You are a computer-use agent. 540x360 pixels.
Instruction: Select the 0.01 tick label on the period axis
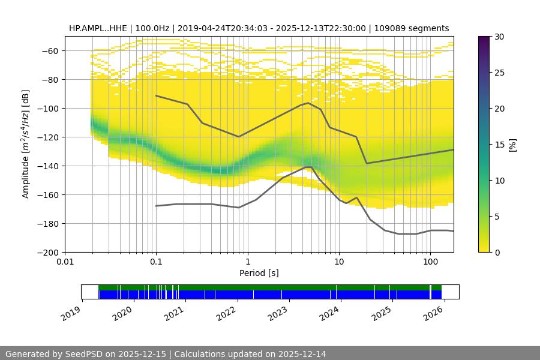click(65, 262)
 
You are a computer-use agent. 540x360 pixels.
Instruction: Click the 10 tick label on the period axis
click(339, 262)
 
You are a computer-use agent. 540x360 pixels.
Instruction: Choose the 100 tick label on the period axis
click(430, 262)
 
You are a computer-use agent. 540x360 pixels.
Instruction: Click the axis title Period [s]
click(259, 273)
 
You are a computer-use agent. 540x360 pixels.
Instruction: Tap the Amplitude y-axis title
click(25, 144)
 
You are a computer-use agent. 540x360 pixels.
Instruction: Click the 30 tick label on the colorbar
click(499, 37)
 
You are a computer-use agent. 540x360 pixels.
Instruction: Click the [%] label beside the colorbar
click(512, 145)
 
